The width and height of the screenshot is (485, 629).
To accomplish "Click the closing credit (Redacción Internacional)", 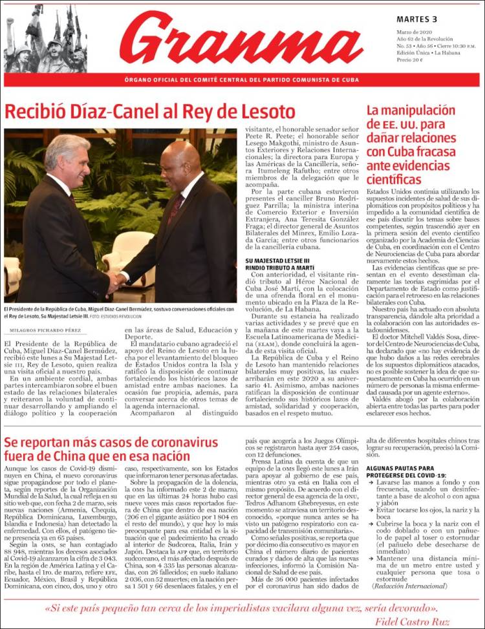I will coord(410,586).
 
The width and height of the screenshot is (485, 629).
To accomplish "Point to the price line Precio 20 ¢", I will coord(409,59).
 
